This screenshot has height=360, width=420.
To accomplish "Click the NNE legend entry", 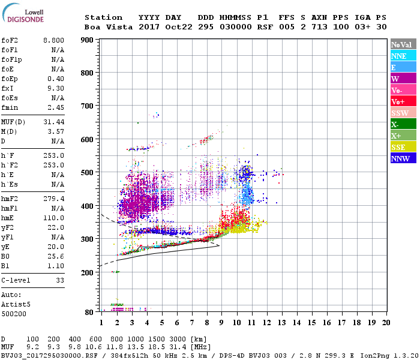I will pos(402,56).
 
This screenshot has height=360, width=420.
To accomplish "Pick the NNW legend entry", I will pos(402,158).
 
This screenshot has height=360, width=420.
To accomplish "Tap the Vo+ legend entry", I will pos(402,101).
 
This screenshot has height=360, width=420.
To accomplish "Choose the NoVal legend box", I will pos(402,44).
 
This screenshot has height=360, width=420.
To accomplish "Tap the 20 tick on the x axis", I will pos(385,323).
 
